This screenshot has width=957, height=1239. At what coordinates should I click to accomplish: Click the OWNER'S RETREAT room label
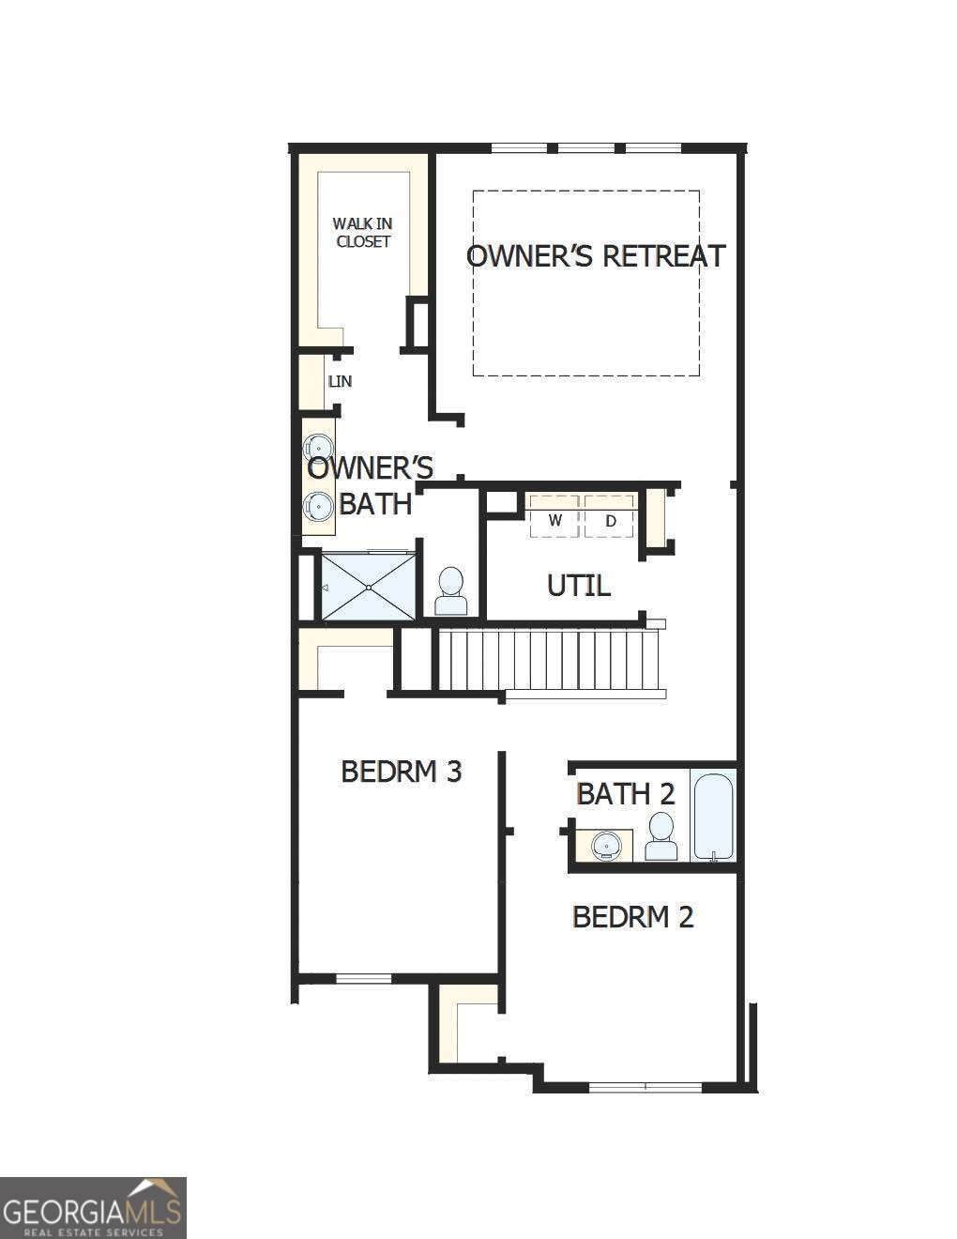coord(596,255)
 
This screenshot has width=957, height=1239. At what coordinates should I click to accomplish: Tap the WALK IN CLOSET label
coord(362,233)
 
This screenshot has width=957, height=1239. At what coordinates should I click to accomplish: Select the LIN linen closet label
coord(340,381)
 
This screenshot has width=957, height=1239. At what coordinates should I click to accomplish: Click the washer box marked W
coord(554,516)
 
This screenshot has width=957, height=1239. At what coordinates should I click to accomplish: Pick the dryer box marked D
coord(610,516)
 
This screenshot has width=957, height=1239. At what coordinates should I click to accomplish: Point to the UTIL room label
coord(579,586)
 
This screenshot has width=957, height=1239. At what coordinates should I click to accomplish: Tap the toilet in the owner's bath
coord(451,590)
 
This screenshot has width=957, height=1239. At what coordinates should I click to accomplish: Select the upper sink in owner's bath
coord(317,445)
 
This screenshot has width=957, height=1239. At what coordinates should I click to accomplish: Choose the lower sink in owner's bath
coord(317,505)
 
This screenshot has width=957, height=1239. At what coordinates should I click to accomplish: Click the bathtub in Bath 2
coord(714,815)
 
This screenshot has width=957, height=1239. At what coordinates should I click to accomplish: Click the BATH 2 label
coord(626,794)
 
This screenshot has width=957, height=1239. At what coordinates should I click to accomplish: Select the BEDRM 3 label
coord(402,772)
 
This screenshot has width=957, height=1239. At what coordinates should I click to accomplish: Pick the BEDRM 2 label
coord(632,917)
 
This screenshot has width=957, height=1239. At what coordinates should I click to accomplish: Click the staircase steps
coord(548,660)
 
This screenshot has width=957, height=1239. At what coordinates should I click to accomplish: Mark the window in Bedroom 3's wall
coord(364,979)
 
